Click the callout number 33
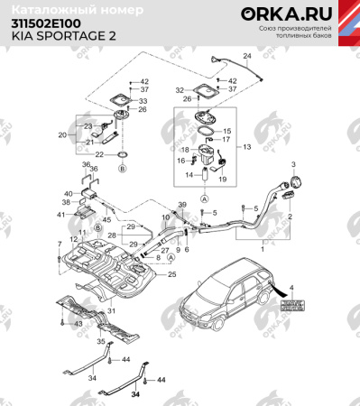(143, 102)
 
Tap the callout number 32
(180, 90)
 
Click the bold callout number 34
(135, 394)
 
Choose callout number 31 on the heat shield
(114, 312)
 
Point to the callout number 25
(172, 273)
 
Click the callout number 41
(61, 215)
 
